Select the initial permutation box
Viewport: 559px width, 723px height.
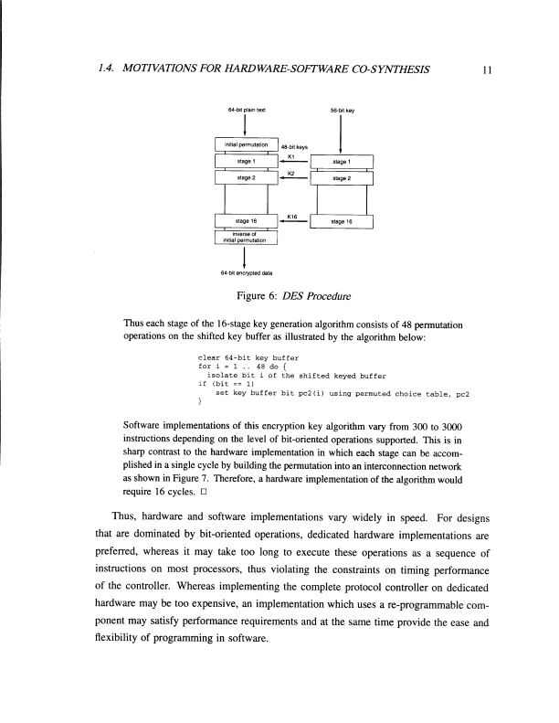point(245,144)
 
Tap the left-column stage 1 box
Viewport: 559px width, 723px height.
point(245,161)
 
